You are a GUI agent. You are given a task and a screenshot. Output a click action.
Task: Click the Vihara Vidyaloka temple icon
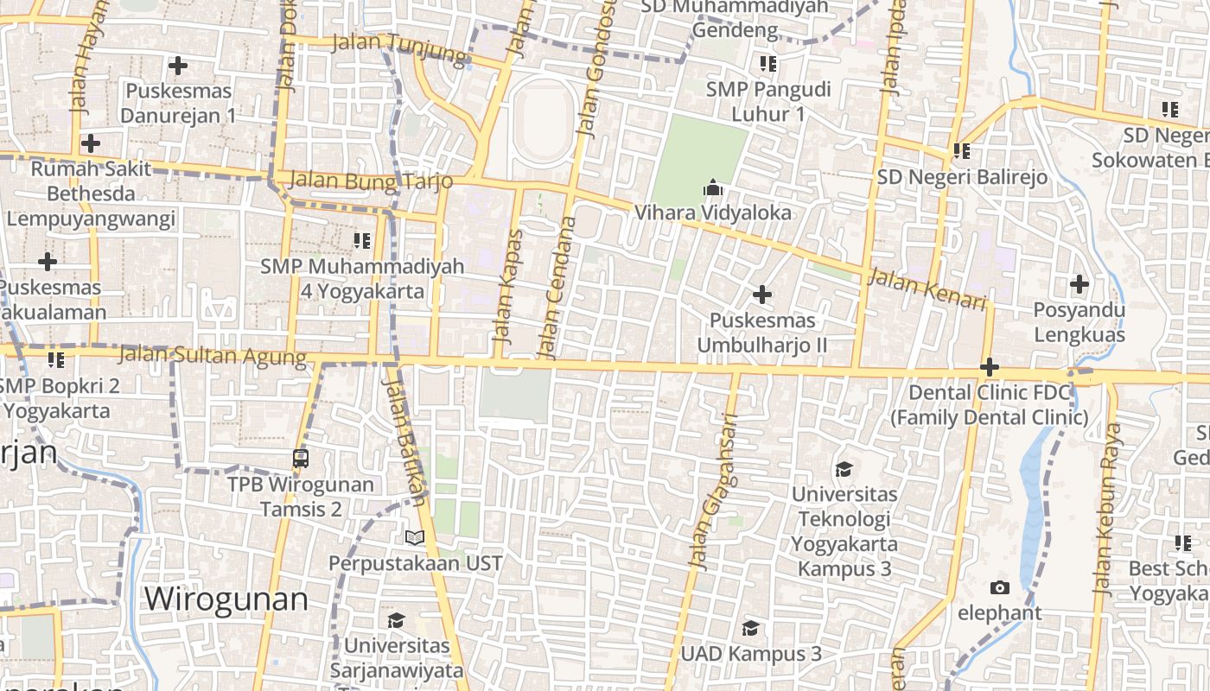click(712, 187)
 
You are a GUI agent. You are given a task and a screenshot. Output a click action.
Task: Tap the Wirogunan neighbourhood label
click(226, 599)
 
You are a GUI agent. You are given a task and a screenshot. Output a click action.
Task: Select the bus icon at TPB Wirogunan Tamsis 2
click(301, 459)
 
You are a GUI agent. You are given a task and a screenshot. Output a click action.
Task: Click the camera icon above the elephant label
click(999, 588)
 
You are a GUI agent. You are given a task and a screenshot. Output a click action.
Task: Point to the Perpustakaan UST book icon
click(415, 537)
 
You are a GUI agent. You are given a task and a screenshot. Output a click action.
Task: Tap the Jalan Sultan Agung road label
click(212, 355)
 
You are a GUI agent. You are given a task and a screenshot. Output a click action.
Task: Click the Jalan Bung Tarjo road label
click(372, 181)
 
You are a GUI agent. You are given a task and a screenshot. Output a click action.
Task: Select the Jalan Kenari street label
click(927, 289)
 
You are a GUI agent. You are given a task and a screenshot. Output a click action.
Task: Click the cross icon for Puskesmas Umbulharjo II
click(761, 295)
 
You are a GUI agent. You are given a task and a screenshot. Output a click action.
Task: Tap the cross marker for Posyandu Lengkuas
click(1079, 283)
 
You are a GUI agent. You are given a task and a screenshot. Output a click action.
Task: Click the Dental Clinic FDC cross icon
click(990, 367)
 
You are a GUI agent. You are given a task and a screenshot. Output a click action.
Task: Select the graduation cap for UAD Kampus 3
click(750, 628)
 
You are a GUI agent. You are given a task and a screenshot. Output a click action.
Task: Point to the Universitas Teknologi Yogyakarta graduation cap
click(844, 469)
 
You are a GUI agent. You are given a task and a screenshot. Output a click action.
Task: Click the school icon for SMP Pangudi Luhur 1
click(767, 63)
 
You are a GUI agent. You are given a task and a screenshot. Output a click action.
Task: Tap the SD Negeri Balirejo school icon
click(961, 151)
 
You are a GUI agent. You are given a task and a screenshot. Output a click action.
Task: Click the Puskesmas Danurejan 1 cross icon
click(177, 65)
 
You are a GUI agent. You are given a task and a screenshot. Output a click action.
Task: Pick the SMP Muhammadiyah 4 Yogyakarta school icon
click(361, 240)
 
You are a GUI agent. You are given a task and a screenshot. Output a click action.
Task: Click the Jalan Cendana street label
click(557, 288)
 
